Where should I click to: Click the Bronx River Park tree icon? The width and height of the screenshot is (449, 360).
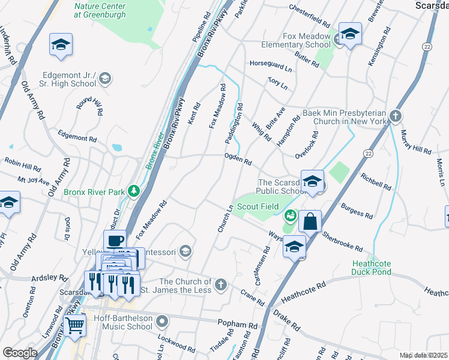coord(135,192)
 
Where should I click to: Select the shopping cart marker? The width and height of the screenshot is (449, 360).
coord(74,326)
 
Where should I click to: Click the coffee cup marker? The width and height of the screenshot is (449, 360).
coord(115,241)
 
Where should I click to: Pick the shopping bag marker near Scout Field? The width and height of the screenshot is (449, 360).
coord(310,221)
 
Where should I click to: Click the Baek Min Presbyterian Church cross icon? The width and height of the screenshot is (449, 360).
coord(395,115)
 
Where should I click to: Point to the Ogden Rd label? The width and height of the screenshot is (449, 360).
coord(237,159)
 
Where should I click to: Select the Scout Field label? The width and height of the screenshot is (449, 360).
coord(256,206)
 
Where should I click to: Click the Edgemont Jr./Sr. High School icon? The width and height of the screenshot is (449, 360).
coord(105,78)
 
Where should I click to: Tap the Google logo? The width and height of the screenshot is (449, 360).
coord(20,353)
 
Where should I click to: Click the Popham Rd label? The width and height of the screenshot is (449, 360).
coord(238,323)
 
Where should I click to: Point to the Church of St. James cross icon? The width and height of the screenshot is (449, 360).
coord(221,284)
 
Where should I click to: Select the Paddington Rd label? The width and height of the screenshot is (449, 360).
coord(234,124)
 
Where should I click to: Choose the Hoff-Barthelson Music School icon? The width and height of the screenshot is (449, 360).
coord(162,322)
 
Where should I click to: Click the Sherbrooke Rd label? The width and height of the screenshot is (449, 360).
coord(342,241)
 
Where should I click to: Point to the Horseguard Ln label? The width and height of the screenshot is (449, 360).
coord(270,66)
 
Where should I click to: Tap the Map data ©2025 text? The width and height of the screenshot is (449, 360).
coord(423,355)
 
